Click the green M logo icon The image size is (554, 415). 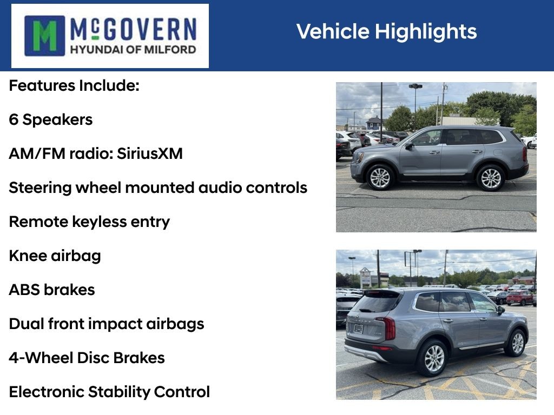44,36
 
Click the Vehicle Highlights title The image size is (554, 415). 386,31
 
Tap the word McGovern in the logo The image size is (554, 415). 133,29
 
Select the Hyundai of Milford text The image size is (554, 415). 133,49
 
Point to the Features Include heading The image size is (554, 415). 74,86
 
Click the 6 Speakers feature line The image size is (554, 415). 50,120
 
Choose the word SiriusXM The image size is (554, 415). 150,153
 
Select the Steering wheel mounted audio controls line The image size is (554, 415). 158,188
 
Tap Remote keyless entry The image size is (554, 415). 89,222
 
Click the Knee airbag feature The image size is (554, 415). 55,256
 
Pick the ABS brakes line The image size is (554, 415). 52,290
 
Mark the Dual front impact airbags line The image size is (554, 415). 107,324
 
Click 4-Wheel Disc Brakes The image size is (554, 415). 87,358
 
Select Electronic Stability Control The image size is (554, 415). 109,392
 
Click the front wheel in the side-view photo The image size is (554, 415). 380,177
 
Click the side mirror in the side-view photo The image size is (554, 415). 409,145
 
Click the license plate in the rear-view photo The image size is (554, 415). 359,329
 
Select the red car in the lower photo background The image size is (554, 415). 520,298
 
